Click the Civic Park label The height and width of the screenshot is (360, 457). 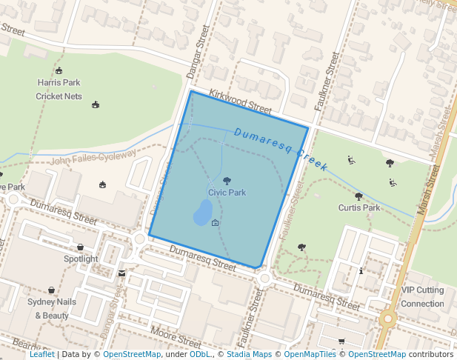point(227,193)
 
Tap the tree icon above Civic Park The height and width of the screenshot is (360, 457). point(227,181)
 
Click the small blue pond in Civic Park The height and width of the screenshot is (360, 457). point(201,214)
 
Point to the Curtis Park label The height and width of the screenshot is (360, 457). point(359,208)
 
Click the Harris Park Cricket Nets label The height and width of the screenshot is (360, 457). point(59,90)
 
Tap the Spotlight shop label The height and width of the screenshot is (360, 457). point(81,259)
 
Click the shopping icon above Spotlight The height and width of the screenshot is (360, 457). point(80,247)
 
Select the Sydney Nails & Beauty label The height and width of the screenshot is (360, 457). point(52,308)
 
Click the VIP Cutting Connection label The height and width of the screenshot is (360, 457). point(422,297)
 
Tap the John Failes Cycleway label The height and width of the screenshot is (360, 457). point(93,158)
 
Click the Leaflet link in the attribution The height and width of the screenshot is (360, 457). point(41,355)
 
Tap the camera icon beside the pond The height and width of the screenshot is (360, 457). point(216,223)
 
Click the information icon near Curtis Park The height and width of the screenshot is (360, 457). point(361,271)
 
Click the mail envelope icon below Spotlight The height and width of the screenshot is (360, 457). point(121,273)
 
